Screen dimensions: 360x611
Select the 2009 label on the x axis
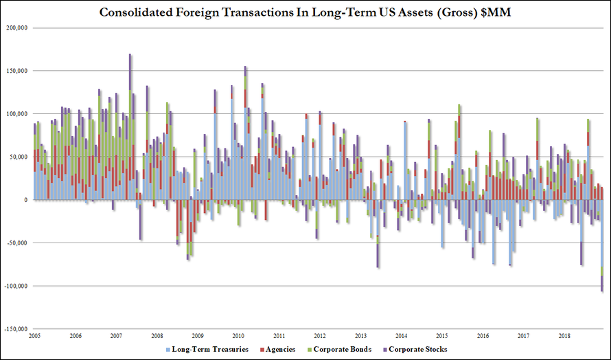click(x=198, y=336)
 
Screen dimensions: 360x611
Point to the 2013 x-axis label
click(x=360, y=336)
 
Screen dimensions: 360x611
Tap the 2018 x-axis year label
click(x=564, y=336)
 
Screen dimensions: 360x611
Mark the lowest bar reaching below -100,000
click(x=602, y=282)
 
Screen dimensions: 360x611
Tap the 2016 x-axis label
click(x=483, y=336)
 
